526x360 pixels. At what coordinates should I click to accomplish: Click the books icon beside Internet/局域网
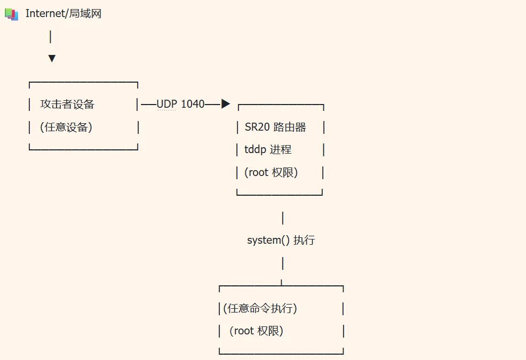[11, 14]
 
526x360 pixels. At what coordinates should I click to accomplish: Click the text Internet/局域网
[63, 13]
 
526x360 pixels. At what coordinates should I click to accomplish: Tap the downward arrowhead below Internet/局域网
[52, 58]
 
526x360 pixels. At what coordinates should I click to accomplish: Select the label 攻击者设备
[67, 104]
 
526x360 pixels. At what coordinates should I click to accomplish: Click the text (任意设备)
[66, 127]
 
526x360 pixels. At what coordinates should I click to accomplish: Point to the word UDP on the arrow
[167, 104]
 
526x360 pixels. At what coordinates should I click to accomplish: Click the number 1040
[193, 104]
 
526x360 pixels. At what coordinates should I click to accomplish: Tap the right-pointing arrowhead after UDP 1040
[226, 103]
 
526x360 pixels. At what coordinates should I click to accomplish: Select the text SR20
[257, 127]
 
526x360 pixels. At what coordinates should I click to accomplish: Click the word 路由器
[290, 127]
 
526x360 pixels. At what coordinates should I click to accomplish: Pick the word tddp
[256, 150]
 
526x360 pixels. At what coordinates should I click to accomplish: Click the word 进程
[281, 149]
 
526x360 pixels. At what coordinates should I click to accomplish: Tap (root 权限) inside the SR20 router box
[271, 172]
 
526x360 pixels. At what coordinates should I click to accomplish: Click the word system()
[268, 240]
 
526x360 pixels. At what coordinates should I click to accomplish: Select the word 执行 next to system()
[304, 240]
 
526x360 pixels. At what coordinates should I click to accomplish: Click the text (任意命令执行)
[260, 308]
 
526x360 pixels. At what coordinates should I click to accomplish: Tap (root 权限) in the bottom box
[256, 331]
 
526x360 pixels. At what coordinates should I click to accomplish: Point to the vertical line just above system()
[283, 218]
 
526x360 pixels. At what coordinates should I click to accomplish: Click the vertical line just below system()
[283, 263]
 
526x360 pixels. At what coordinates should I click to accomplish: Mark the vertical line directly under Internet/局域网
[50, 37]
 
